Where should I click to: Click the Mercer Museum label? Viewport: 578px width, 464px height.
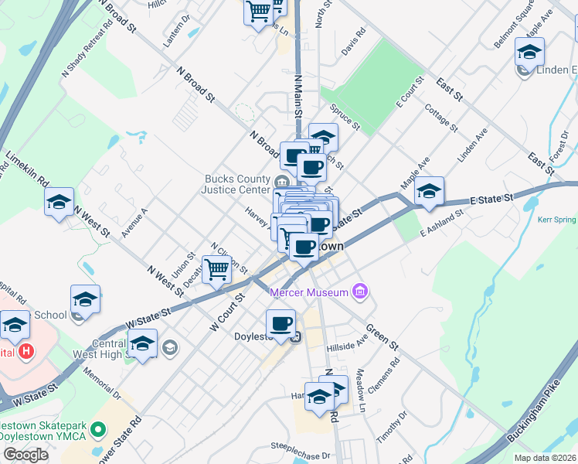pos(308,292)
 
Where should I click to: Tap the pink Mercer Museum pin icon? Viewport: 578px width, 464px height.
pos(359,292)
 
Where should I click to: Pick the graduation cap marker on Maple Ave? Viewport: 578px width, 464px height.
pos(429,191)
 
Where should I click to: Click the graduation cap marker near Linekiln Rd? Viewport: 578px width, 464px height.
pos(59,203)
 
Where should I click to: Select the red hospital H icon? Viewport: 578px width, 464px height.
pos(26,352)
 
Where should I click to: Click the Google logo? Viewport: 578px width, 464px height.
pos(25,455)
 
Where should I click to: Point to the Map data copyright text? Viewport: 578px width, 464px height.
pos(544,458)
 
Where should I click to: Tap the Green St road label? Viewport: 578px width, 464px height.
pos(382,335)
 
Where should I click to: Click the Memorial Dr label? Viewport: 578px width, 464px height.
pos(105,385)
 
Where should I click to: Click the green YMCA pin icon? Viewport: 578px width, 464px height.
pos(98,428)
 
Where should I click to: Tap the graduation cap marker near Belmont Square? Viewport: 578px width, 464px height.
pos(529,52)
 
